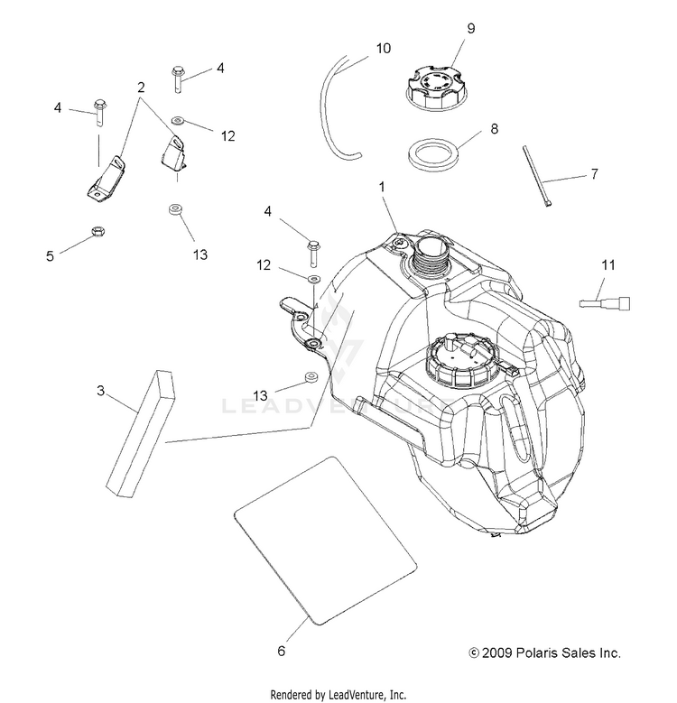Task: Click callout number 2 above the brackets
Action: coord(141,88)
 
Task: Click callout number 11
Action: coord(608,264)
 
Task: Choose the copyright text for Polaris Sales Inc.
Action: coord(544,652)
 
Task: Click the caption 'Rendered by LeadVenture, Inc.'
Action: coord(338,694)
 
